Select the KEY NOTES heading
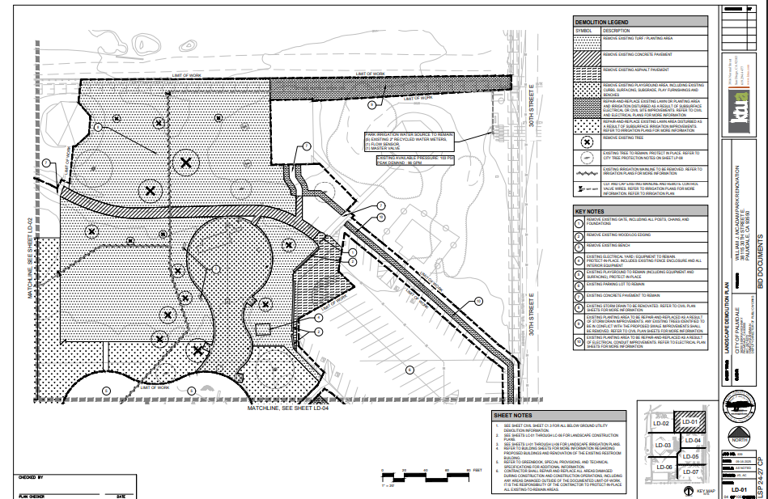[591, 211]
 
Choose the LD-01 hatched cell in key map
[690, 423]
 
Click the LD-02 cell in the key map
[660, 423]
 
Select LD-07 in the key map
[690, 472]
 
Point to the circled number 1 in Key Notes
[579, 221]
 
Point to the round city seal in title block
[737, 404]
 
